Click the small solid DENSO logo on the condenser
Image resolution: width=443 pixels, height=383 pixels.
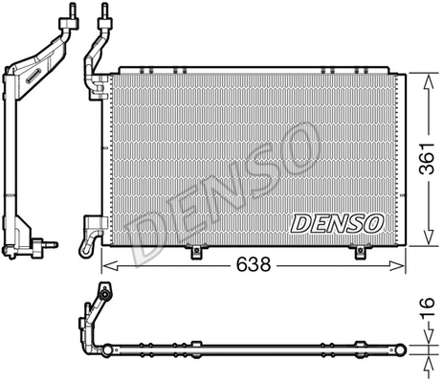[336, 223]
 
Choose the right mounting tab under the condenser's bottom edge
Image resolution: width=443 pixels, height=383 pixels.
[362, 252]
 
